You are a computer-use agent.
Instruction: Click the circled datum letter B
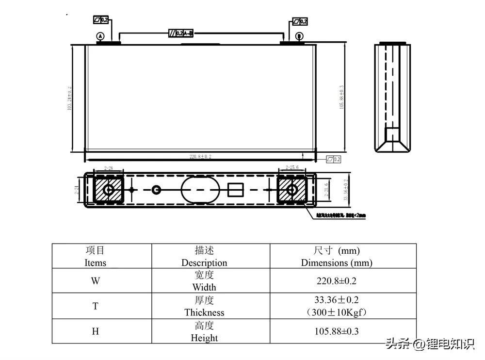299,36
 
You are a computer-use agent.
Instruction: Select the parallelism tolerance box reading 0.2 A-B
180,33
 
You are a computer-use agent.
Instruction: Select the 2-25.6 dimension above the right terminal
292,167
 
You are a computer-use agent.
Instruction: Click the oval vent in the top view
200,190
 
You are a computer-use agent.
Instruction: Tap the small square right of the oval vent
235,190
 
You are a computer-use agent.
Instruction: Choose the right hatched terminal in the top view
292,190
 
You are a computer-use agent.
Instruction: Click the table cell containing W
96,281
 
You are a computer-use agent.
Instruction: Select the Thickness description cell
204,306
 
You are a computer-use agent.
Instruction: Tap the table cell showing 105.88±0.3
337,331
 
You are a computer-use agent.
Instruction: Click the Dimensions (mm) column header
337,257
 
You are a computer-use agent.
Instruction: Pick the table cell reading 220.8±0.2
337,281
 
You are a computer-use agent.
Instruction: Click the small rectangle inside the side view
392,133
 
